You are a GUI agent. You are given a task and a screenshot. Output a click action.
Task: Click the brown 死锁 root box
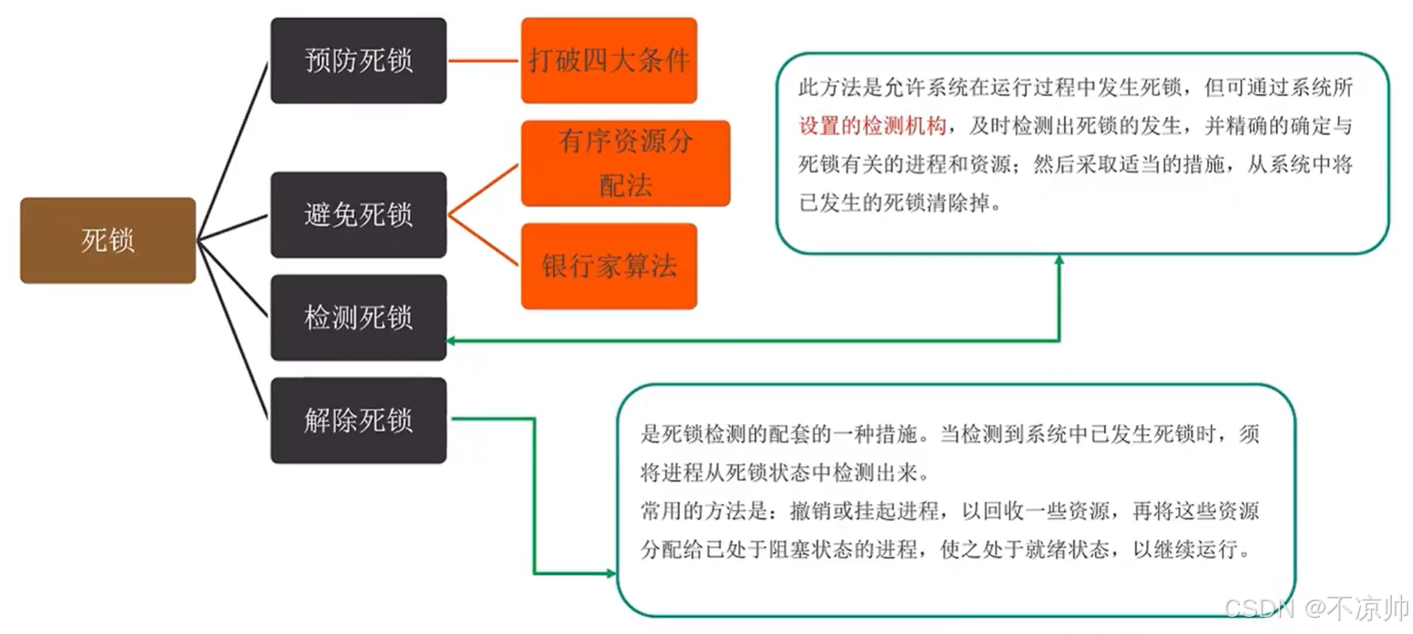click(107, 240)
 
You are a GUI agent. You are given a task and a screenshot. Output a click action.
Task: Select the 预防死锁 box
click(358, 60)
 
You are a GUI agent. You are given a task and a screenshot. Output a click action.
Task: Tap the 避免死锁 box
click(358, 214)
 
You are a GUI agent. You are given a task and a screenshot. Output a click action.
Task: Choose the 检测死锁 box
click(358, 317)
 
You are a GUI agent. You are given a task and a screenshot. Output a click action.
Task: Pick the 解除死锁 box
click(358, 420)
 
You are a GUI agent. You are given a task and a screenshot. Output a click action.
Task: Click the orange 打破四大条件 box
click(609, 60)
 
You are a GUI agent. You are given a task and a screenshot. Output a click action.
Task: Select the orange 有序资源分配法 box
click(626, 163)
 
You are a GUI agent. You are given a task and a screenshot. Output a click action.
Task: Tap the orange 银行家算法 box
click(609, 266)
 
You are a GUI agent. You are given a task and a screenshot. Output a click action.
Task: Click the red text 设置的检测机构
click(872, 126)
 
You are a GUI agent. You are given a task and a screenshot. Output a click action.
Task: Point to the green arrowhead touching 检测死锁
click(451, 340)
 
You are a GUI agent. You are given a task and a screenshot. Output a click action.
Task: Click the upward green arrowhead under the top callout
click(1059, 260)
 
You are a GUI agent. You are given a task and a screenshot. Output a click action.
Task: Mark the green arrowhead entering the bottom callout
click(610, 574)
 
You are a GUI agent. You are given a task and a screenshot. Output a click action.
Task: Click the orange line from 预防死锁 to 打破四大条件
click(483, 60)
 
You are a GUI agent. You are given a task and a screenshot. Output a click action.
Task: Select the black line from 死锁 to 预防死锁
click(232, 151)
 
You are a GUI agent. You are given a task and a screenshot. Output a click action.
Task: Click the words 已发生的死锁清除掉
click(899, 203)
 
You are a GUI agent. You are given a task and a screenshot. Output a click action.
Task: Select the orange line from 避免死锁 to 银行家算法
click(483, 240)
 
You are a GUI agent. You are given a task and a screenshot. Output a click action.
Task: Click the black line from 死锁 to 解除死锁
click(232, 329)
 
